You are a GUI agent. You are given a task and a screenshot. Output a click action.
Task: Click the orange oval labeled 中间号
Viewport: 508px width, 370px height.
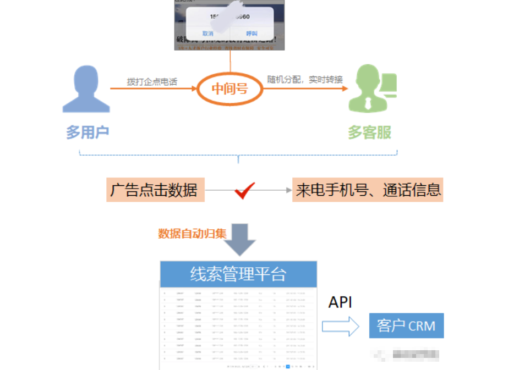(230, 87)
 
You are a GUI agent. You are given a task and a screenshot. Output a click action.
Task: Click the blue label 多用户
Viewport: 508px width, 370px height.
(88, 132)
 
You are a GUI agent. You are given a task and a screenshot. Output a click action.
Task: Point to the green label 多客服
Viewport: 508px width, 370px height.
(369, 132)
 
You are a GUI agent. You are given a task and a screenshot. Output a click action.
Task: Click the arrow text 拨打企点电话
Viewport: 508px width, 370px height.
(152, 81)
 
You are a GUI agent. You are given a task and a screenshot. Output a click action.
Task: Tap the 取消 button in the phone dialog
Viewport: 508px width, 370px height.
(207, 33)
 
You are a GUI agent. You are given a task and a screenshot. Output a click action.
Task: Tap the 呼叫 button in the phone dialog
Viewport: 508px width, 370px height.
(252, 33)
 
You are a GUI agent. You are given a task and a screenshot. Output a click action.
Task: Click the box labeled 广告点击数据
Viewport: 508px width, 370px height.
(155, 190)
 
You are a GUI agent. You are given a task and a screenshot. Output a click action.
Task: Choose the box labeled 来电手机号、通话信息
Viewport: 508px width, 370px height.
(368, 190)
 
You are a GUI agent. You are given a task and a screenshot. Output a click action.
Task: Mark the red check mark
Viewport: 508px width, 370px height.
(244, 191)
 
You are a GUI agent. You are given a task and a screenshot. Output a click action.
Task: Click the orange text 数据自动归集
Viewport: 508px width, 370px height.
(192, 233)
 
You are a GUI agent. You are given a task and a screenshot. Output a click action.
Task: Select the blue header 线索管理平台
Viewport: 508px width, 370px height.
(238, 274)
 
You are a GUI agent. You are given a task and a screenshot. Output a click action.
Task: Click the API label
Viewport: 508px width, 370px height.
(340, 302)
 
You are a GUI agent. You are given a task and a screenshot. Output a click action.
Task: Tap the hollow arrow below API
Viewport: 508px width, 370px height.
(340, 326)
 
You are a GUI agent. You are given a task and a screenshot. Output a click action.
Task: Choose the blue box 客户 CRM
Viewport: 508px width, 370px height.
(406, 325)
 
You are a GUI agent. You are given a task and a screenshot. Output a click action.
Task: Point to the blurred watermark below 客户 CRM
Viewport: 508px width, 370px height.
(407, 354)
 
